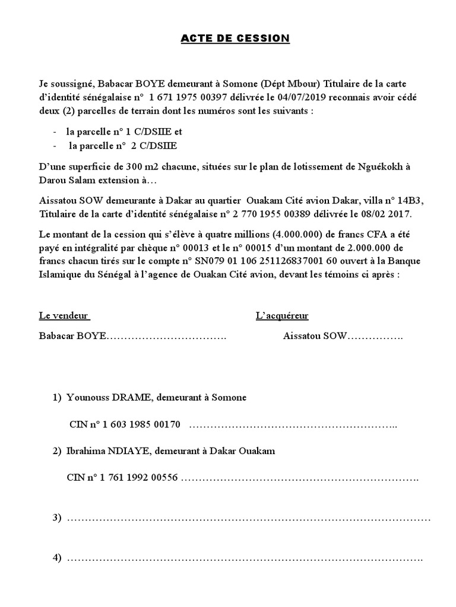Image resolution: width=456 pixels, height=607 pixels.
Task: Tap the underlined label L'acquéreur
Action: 282,315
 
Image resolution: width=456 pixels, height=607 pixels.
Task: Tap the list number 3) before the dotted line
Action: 57,517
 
